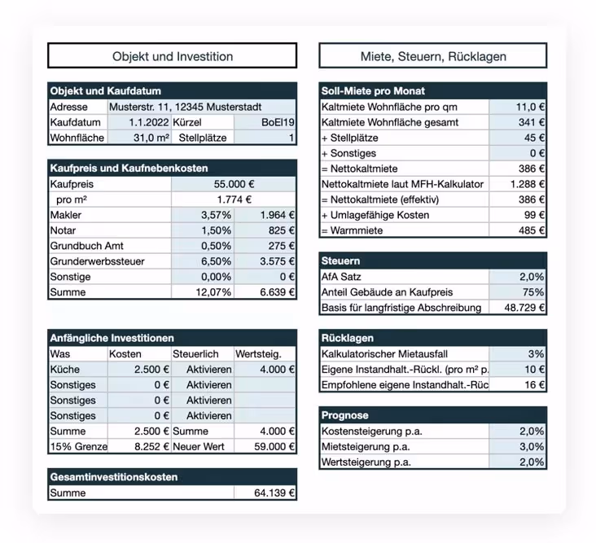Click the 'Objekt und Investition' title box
pyautogui.click(x=172, y=56)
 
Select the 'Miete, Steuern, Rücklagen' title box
pyautogui.click(x=432, y=56)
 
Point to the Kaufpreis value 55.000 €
pyautogui.click(x=234, y=185)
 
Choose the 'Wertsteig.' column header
pyautogui.click(x=258, y=354)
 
